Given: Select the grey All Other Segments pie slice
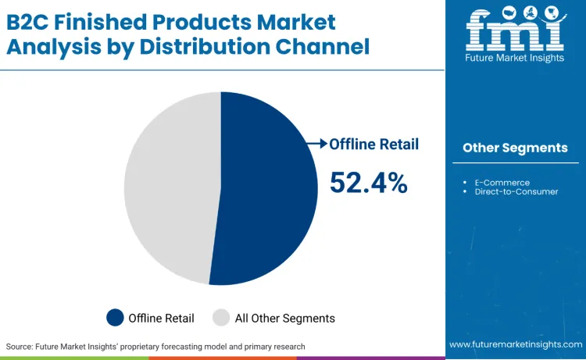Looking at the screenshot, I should (x=168, y=187).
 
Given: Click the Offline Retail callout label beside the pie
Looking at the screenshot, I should (x=373, y=144).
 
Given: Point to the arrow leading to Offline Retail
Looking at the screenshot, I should (x=317, y=144).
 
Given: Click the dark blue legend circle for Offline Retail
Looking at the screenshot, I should (x=116, y=318).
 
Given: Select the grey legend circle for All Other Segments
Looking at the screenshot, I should (x=221, y=318).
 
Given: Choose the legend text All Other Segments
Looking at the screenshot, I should (x=284, y=318).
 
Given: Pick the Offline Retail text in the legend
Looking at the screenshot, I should (x=162, y=318).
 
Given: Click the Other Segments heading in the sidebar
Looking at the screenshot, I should (x=515, y=148).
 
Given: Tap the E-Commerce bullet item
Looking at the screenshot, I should (x=502, y=183).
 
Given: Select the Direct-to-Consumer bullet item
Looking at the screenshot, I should (x=516, y=191).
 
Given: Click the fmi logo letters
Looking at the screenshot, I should (x=515, y=31).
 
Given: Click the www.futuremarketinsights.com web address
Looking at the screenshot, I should (x=515, y=344).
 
